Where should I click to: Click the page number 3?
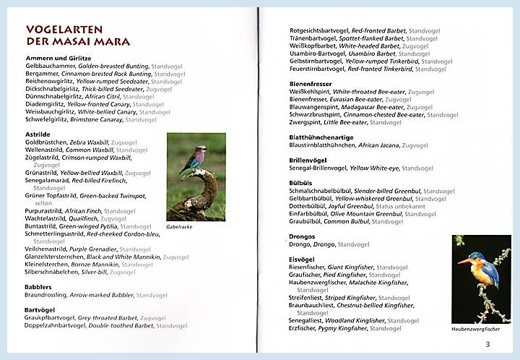[487, 343]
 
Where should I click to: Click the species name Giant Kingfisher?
[350, 267]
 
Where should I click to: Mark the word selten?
[43, 203]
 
